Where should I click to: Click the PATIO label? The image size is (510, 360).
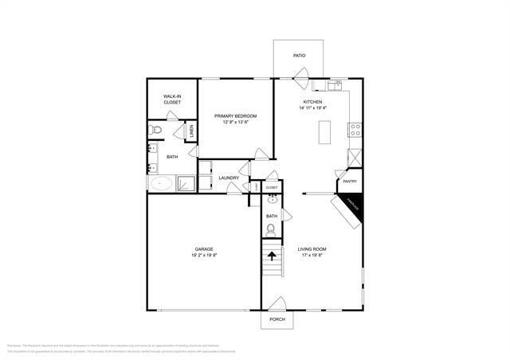tap(299, 56)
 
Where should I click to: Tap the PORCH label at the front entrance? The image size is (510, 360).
tap(277, 319)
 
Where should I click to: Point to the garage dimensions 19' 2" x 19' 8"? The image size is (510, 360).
tap(204, 256)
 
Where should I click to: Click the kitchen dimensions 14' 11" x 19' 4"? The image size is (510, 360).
tap(312, 108)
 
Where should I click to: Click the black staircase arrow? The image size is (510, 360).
tap(273, 256)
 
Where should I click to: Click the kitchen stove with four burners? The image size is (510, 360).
tap(355, 127)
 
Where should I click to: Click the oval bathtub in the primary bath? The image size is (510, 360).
tap(162, 183)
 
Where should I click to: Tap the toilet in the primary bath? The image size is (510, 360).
tap(155, 129)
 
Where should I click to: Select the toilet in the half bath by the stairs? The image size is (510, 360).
tap(271, 231)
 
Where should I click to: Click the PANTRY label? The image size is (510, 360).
tap(349, 182)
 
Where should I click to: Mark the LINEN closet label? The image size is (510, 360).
tap(191, 131)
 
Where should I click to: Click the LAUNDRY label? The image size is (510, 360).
tap(229, 178)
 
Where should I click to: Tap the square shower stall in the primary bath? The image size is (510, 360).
tap(185, 183)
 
